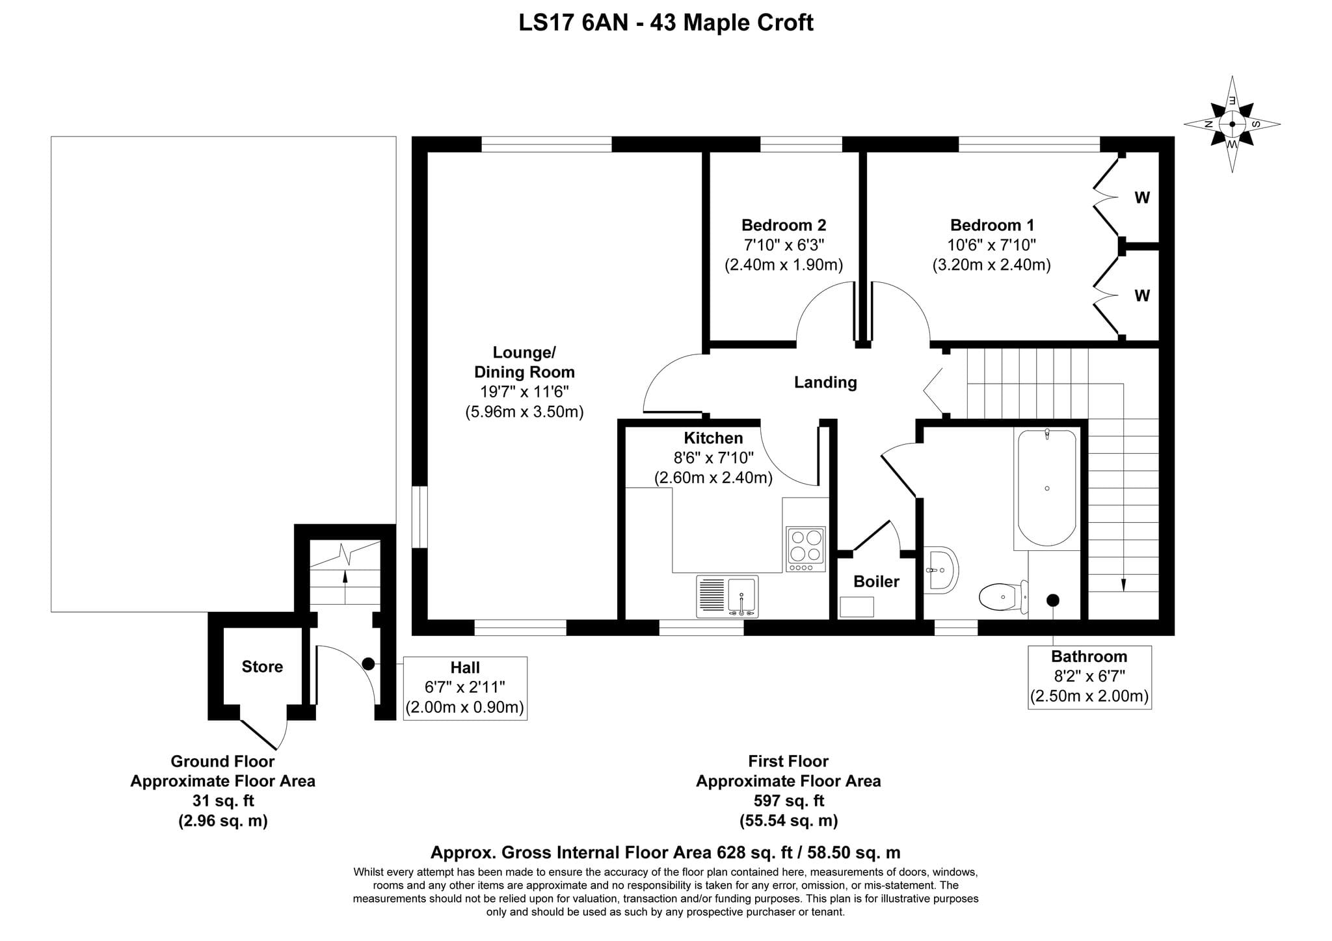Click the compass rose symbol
coord(1232,124)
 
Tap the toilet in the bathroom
coord(1004,596)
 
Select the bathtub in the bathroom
coord(1046,488)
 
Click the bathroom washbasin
coord(940,570)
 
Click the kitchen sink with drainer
coord(727,596)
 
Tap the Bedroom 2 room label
coord(784,225)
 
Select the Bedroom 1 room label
coord(992,225)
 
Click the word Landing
coord(825,382)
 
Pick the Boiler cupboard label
coord(876,581)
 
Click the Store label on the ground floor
coord(262,667)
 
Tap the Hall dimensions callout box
coord(465,688)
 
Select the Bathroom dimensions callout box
coord(1089,677)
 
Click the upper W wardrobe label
coord(1142,197)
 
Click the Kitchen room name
coord(713,438)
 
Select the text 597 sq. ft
coord(788,801)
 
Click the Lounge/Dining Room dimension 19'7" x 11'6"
coord(524,391)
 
